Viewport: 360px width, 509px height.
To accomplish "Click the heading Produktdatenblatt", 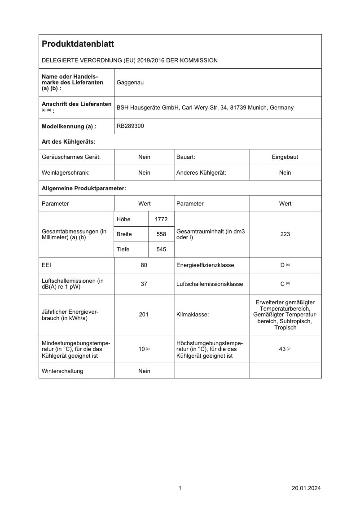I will pyautogui.click(x=78, y=44).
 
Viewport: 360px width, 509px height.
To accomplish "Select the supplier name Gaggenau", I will pyautogui.click(x=130, y=83).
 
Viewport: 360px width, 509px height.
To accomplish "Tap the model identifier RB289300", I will pyautogui.click(x=130, y=127).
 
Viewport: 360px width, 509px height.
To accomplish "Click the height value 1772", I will pyautogui.click(x=161, y=219).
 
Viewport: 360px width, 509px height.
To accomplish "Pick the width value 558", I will pyautogui.click(x=161, y=234).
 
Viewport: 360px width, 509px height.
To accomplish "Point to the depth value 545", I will pyautogui.click(x=161, y=250).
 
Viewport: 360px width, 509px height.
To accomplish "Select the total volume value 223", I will pyautogui.click(x=285, y=234).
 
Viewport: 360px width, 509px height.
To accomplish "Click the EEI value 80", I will pyautogui.click(x=144, y=265).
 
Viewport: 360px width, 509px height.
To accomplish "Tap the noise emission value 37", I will pyautogui.click(x=144, y=284).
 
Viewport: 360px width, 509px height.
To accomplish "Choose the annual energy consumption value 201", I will pyautogui.click(x=144, y=315).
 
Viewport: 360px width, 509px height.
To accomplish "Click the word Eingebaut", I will pyautogui.click(x=285, y=157).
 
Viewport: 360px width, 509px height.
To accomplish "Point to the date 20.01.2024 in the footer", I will pyautogui.click(x=306, y=488).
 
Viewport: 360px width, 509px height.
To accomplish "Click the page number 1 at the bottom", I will pyautogui.click(x=180, y=488).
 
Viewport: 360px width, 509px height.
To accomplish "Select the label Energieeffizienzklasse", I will pyautogui.click(x=205, y=265).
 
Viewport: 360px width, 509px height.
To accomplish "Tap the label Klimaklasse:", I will pyautogui.click(x=193, y=315).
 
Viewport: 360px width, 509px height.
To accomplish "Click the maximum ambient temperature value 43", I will pyautogui.click(x=283, y=349).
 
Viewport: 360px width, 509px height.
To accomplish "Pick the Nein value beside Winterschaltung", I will pyautogui.click(x=144, y=371).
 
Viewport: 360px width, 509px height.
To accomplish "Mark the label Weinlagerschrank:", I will pyautogui.click(x=66, y=173).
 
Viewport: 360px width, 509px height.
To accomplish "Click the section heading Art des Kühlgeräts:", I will pyautogui.click(x=69, y=142).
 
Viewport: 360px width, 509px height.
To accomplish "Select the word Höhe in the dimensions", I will pyautogui.click(x=123, y=219).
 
